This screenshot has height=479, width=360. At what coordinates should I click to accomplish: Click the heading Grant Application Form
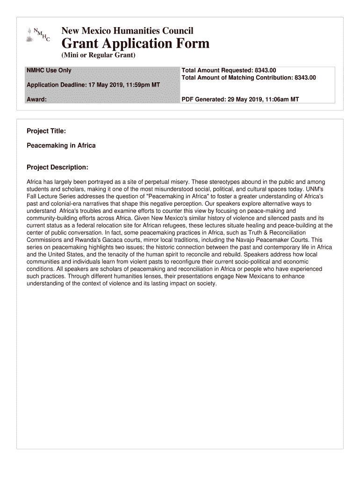[x=136, y=44]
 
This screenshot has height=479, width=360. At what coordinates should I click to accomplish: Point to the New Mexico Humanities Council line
[x=127, y=31]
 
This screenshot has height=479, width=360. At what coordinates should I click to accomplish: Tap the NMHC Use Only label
[x=49, y=71]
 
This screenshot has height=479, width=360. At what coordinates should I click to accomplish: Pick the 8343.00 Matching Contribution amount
[x=305, y=78]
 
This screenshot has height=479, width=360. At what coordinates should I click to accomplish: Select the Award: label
[x=36, y=100]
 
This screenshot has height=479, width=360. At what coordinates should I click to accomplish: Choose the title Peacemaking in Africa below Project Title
[x=61, y=145]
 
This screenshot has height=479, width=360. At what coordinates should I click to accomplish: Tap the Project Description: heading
[x=57, y=167]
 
